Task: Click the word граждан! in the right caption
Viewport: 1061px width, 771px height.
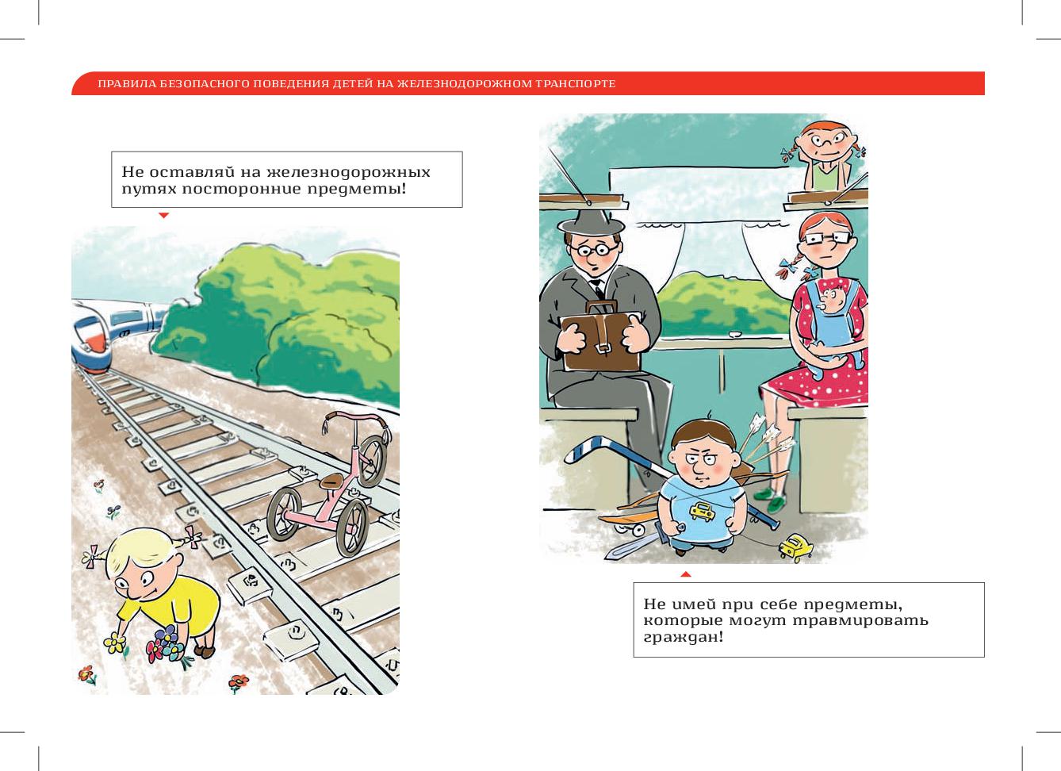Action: click(684, 636)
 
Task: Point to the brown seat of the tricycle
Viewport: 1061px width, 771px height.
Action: click(332, 481)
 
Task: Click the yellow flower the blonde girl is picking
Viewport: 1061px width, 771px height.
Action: click(115, 642)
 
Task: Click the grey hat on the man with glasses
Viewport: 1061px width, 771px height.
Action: click(590, 222)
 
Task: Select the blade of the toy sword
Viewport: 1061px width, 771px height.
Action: click(631, 546)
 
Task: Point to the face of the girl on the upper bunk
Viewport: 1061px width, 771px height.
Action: click(826, 141)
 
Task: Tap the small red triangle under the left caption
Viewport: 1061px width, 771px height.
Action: click(164, 215)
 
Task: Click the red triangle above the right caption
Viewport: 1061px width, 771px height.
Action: click(685, 574)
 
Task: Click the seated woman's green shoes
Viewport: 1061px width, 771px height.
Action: click(771, 500)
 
